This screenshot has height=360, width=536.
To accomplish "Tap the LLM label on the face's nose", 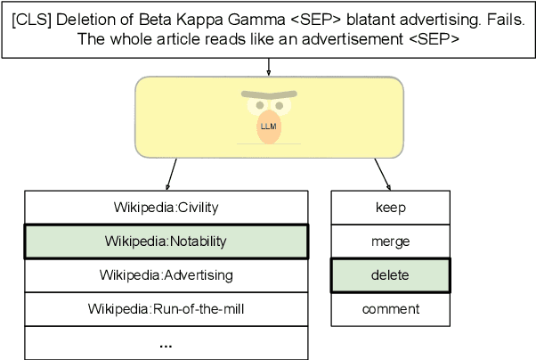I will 268,127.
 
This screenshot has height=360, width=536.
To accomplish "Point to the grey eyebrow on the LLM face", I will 268,94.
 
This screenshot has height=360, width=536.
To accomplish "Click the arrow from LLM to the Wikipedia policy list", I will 171,173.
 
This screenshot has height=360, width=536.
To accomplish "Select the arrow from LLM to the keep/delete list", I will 382,173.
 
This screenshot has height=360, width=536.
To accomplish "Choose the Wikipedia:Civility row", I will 166,208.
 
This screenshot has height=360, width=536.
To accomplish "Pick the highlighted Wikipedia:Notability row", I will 166,241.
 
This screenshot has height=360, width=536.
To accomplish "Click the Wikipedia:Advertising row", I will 166,275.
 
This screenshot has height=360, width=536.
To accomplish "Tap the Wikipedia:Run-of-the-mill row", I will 166,309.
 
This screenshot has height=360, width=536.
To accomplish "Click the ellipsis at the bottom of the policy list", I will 166,343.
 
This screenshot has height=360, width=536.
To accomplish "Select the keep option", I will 391,208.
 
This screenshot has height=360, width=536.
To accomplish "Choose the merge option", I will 391,241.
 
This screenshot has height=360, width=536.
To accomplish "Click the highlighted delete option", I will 391,275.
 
